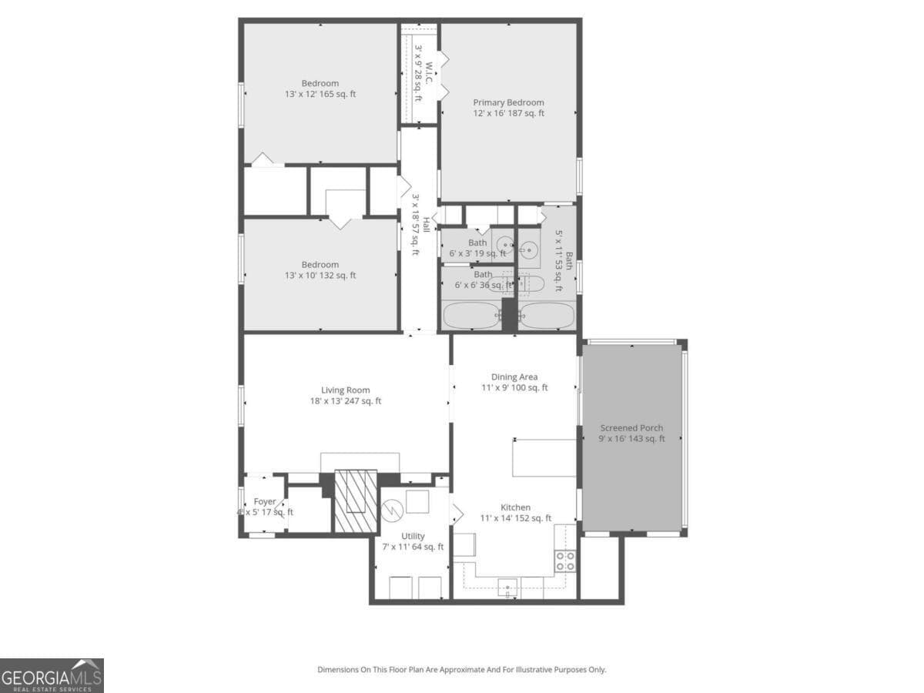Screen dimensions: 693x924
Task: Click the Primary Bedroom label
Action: click(508, 108)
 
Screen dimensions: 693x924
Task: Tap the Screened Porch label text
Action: click(631, 434)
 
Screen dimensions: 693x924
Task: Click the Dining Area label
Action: click(514, 382)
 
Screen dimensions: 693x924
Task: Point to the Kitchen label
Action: click(515, 513)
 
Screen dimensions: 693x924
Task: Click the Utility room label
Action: click(413, 541)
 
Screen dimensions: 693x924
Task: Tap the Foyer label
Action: click(265, 507)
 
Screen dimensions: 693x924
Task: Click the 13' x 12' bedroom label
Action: click(320, 89)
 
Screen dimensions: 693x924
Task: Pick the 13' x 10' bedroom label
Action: click(320, 269)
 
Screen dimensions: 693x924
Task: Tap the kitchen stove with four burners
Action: click(564, 560)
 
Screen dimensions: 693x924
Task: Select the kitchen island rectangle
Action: click(544, 457)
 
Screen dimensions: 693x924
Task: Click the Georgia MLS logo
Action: click(52, 675)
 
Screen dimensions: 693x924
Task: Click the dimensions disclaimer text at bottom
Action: click(462, 670)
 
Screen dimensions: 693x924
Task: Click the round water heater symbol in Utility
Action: click(393, 509)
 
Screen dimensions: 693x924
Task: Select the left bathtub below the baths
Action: click(471, 316)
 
